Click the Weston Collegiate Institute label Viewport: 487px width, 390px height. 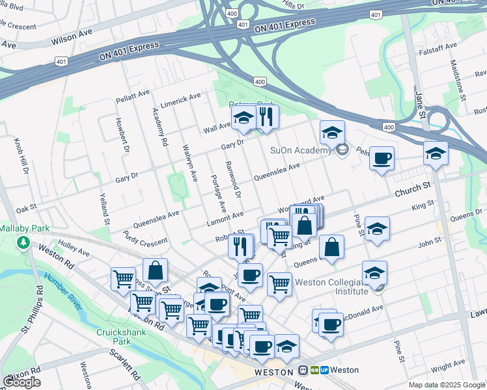(x=332, y=287)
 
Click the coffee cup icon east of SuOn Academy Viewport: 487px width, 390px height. (x=382, y=158)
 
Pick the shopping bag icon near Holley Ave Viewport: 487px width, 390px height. (x=156, y=270)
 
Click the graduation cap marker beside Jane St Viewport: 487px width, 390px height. (x=436, y=154)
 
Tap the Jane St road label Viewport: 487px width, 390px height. (x=421, y=105)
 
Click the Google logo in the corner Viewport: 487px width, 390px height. (x=21, y=382)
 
